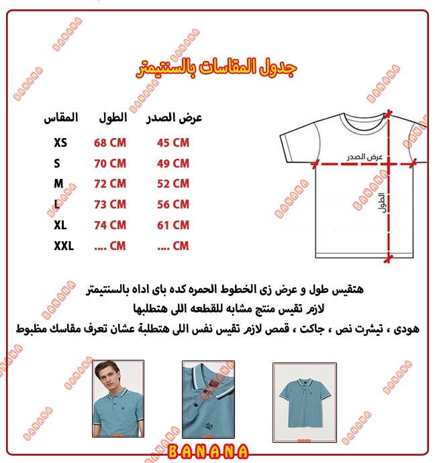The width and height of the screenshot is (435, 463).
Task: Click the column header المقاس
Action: pyautogui.click(x=60, y=118)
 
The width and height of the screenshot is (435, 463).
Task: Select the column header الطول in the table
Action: pyautogui.click(x=111, y=118)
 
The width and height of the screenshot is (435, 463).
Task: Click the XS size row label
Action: pyautogui.click(x=60, y=143)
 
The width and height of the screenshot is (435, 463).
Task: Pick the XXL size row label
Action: pyautogui.click(x=64, y=247)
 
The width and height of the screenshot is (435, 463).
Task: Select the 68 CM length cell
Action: pyautogui.click(x=110, y=143)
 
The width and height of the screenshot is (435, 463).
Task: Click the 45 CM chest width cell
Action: pyautogui.click(x=173, y=143)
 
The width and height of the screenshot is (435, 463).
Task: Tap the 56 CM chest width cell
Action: pyautogui.click(x=173, y=205)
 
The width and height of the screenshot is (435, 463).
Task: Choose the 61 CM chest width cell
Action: pyautogui.click(x=173, y=226)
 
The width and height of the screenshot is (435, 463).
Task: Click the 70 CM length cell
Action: pyautogui.click(x=110, y=163)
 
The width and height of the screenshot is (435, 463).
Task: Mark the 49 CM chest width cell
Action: pyautogui.click(x=173, y=163)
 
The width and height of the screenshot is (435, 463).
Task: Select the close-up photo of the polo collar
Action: pyautogui.click(x=208, y=399)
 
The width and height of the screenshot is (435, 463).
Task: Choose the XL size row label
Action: pyautogui.click(x=61, y=226)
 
